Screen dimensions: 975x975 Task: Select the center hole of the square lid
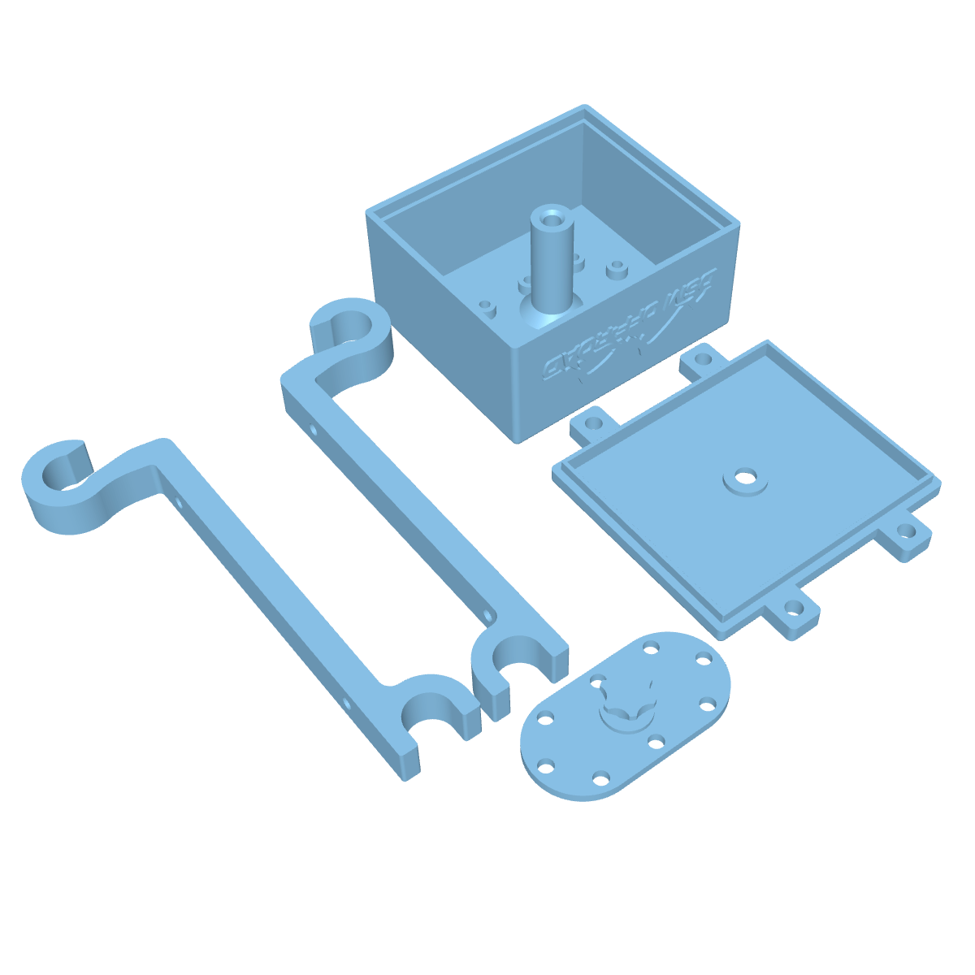(x=744, y=479)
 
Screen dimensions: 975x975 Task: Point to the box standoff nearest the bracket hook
(x=487, y=308)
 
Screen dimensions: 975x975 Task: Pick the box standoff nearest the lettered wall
(x=617, y=267)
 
